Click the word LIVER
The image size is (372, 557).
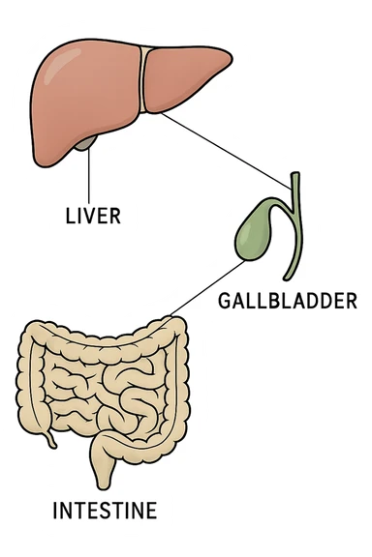[x=92, y=216]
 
